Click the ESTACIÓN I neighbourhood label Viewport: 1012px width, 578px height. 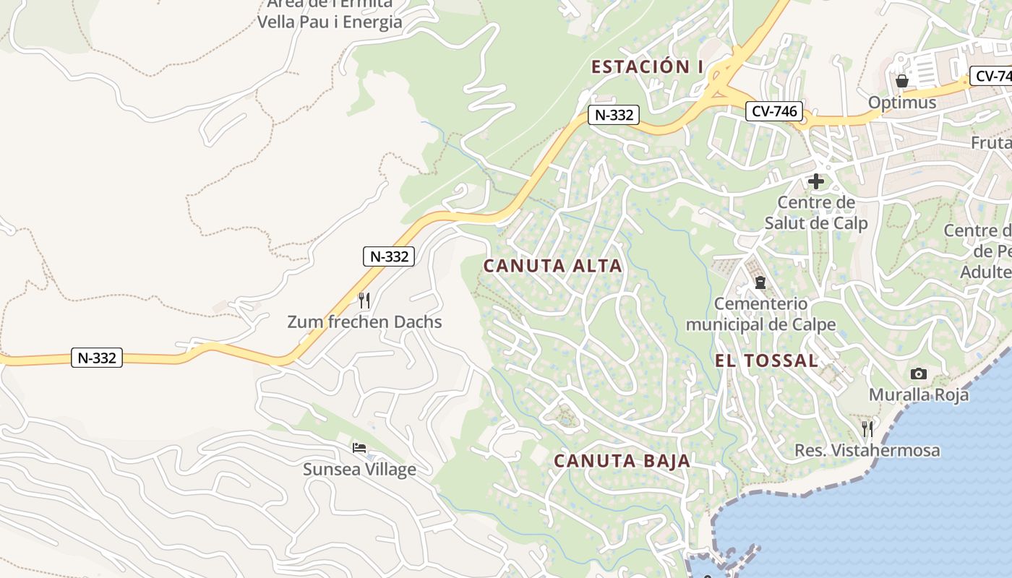[647, 67]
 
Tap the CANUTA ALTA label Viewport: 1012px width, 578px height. [552, 266]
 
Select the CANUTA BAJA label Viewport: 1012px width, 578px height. [622, 461]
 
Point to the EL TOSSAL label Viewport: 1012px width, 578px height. [767, 361]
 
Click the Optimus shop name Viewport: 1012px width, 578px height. [901, 103]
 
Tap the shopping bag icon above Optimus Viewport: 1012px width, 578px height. [901, 80]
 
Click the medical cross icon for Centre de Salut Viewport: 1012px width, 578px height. [816, 181]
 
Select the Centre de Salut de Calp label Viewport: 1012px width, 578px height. [816, 212]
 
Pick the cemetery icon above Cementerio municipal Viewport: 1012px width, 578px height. [760, 282]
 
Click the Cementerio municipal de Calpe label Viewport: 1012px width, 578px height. [760, 314]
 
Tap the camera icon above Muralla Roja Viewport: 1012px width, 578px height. [919, 374]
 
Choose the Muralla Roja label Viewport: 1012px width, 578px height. [919, 395]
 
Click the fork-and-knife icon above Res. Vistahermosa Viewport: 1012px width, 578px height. [867, 429]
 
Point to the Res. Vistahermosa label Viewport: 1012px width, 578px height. [867, 451]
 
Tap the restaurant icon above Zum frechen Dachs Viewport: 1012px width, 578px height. [364, 301]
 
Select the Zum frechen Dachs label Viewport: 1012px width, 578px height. [364, 322]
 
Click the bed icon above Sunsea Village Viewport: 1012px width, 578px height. [359, 448]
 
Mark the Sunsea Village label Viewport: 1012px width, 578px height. [359, 470]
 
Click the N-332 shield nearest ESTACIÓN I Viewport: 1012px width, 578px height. [613, 114]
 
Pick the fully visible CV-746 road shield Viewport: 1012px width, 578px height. [773, 111]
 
